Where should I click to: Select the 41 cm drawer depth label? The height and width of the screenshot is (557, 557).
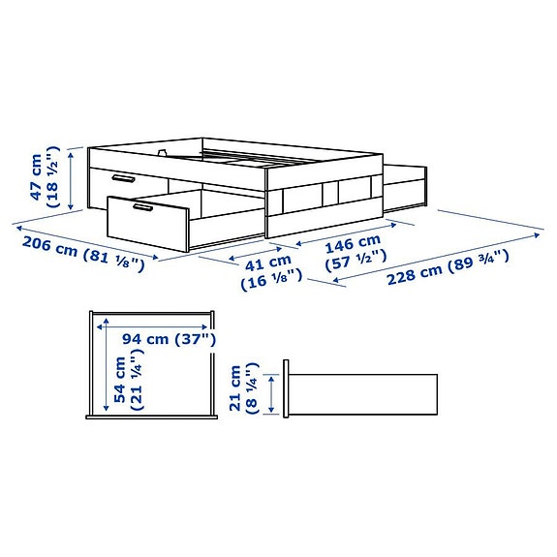267,261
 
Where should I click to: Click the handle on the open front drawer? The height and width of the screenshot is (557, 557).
150,207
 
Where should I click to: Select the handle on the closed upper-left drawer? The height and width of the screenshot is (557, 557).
122,179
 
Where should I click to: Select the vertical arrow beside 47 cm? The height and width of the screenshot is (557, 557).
74,176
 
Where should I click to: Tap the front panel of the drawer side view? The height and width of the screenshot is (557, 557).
287,390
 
